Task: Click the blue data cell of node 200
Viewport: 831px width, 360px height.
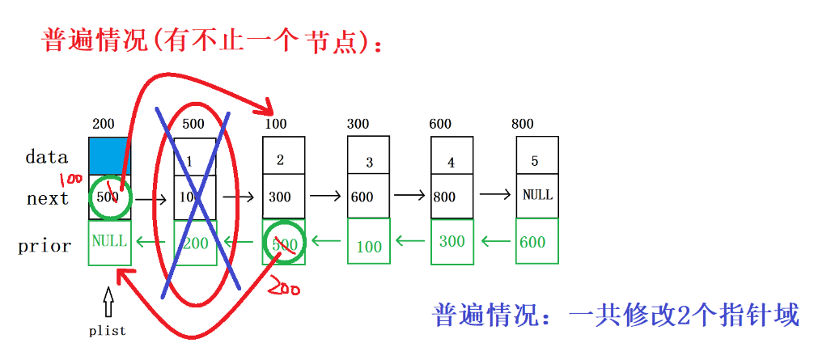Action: (x=108, y=155)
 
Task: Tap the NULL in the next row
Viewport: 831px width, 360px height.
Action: (x=537, y=195)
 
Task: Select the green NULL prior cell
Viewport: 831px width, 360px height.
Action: (x=109, y=241)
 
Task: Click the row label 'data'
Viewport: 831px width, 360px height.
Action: (x=47, y=157)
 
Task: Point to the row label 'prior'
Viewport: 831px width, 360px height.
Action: (x=45, y=246)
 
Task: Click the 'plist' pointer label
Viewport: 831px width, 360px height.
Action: (x=108, y=331)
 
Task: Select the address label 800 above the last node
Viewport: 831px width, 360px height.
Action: (x=523, y=124)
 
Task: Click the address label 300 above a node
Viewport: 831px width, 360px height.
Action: (x=358, y=124)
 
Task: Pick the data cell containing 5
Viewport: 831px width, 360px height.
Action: (x=536, y=157)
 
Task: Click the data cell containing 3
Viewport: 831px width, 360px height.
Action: (x=369, y=159)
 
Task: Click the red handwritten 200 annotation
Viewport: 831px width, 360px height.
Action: (x=286, y=286)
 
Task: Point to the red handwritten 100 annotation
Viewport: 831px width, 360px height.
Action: (x=72, y=176)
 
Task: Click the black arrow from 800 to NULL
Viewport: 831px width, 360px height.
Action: (x=495, y=194)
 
